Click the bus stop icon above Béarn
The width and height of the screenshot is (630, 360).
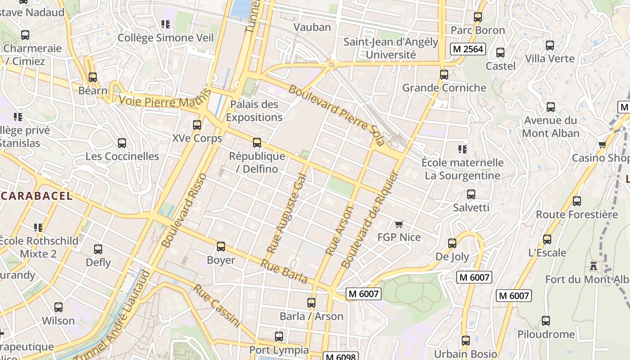tap(93, 77)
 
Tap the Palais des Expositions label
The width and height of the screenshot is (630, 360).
tap(254, 111)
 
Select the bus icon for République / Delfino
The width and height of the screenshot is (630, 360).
tap(257, 143)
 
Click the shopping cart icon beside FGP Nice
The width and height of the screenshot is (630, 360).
tap(398, 224)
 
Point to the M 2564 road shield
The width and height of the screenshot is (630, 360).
tap(468, 49)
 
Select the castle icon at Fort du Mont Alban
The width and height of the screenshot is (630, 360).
tap(594, 266)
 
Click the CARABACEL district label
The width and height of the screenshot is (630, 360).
tap(36, 196)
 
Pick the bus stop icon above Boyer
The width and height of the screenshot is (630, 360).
tap(221, 247)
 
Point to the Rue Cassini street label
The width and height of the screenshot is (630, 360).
tap(217, 306)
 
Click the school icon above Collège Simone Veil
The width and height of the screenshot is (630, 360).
tap(165, 24)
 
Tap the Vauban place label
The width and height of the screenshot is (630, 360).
tap(312, 27)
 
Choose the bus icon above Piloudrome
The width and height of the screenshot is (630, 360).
tap(546, 321)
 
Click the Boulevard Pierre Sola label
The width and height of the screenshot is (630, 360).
tap(337, 115)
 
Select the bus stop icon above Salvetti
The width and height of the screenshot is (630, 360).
tap(471, 194)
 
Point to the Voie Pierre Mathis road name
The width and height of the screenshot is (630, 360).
tap(165, 100)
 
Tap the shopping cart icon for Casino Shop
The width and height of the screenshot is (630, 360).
tap(603, 144)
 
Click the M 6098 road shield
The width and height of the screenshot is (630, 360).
tap(340, 357)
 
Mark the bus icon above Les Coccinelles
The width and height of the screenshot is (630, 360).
tap(122, 143)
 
